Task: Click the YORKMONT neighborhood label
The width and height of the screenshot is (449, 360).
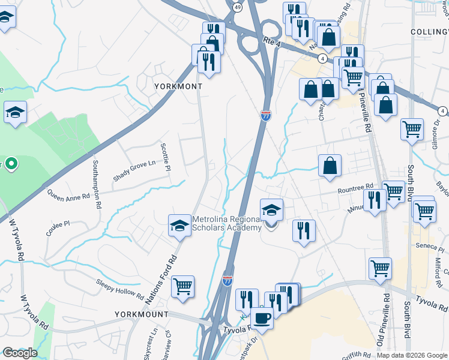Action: pos(178,86)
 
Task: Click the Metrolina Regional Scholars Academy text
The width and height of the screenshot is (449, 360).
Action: pos(227,224)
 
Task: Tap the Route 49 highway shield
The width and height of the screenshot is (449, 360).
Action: pos(238,7)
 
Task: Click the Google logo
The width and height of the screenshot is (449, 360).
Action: pos(20,353)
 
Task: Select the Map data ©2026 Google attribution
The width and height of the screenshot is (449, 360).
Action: pos(412,355)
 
